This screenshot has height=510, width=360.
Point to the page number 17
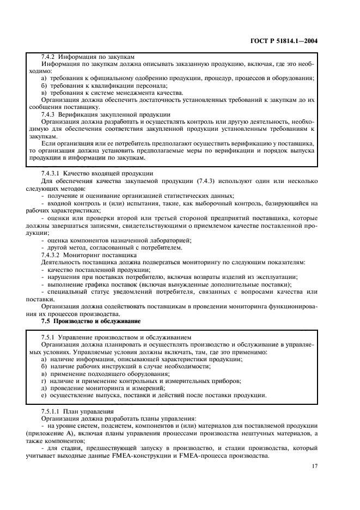coord(315,466)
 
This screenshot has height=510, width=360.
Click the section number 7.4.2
coord(50,57)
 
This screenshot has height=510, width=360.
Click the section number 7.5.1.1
coord(53,411)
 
